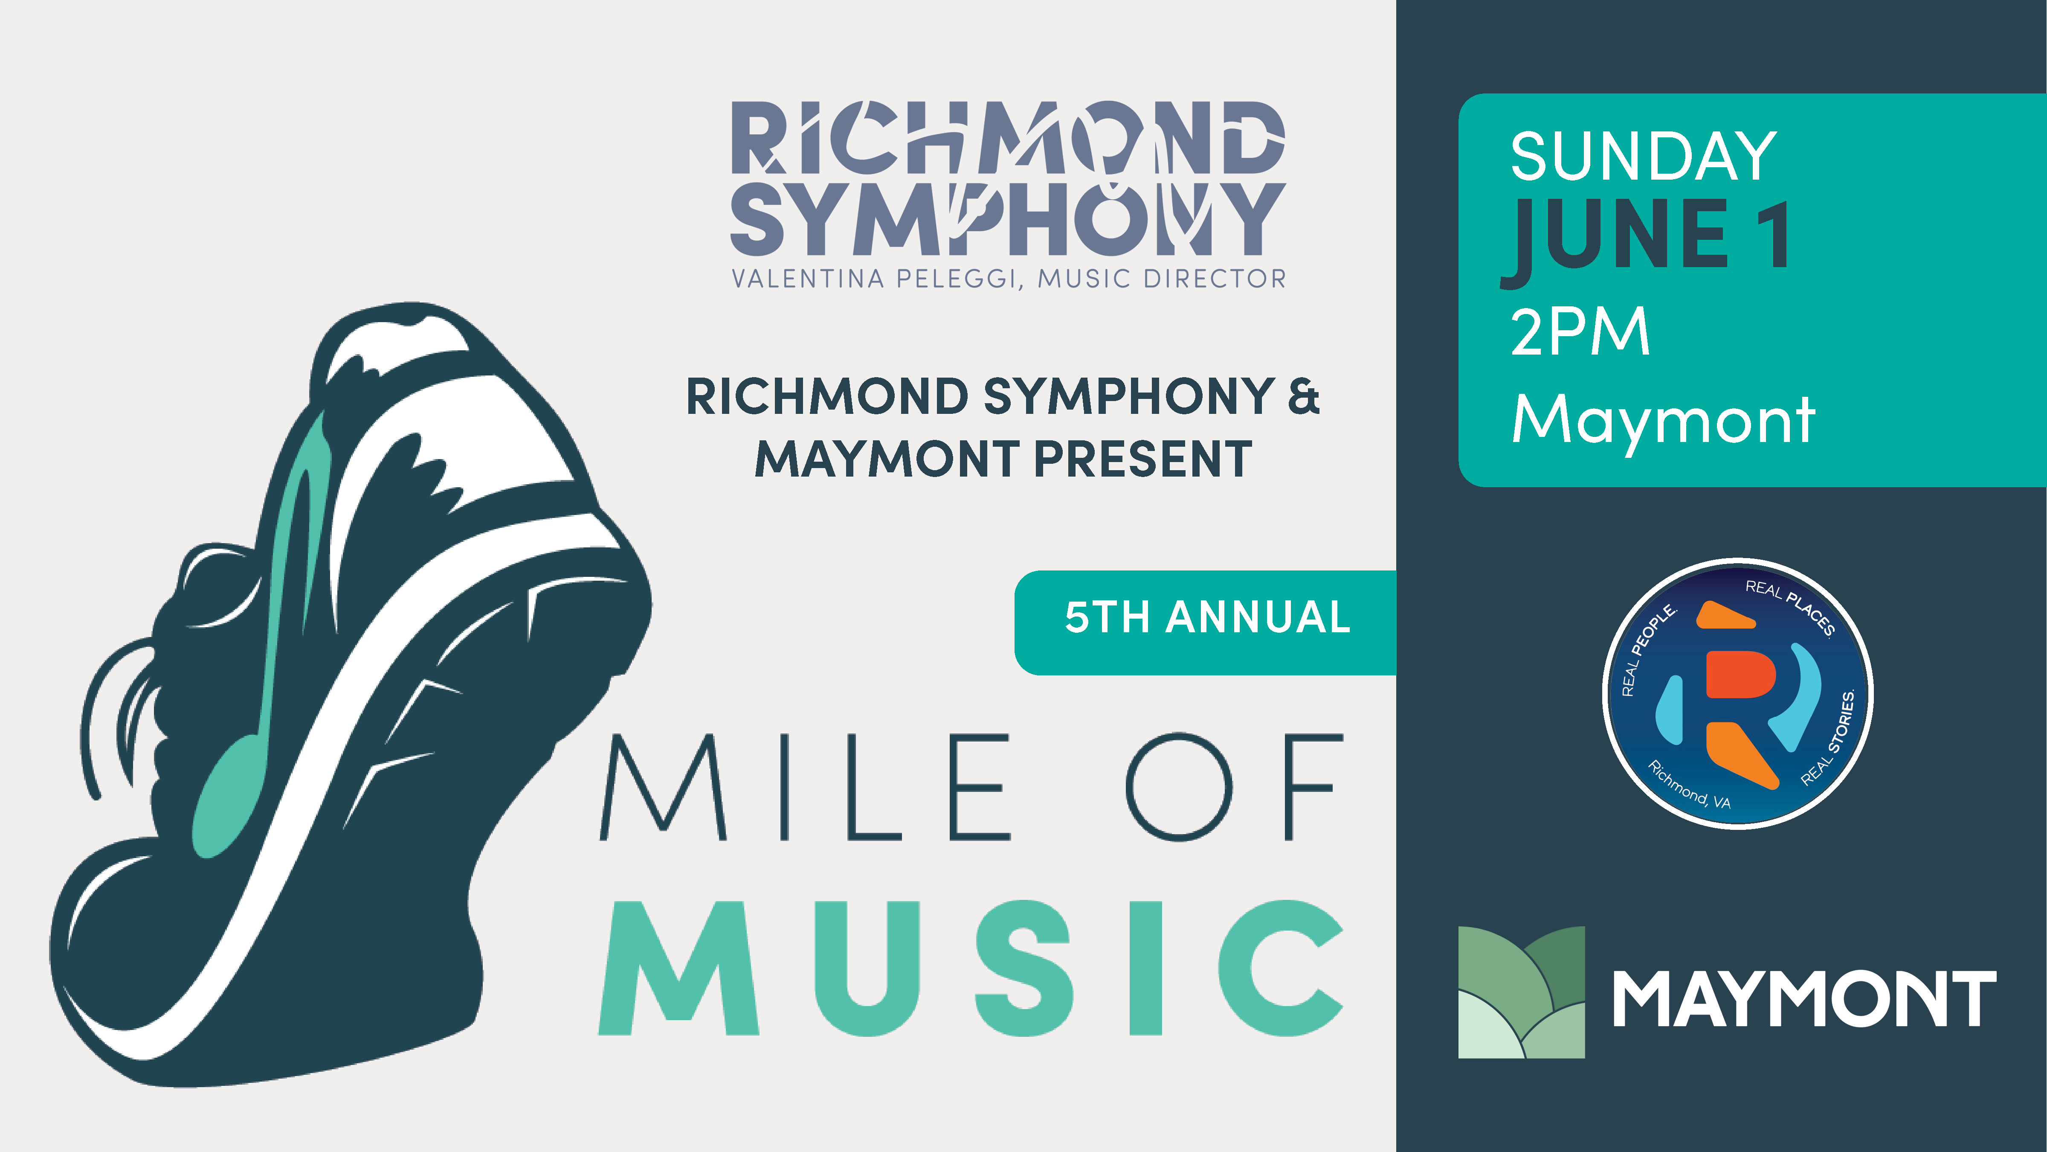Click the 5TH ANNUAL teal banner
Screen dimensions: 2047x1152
(x=1206, y=623)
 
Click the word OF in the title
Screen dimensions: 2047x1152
(x=1234, y=787)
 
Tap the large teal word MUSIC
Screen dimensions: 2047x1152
(x=971, y=968)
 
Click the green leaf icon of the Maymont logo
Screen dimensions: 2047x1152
(x=1521, y=992)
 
